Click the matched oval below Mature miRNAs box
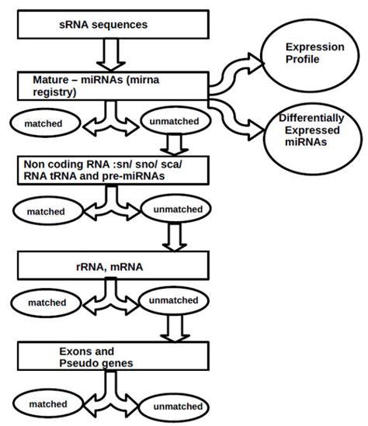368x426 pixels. click(45, 123)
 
